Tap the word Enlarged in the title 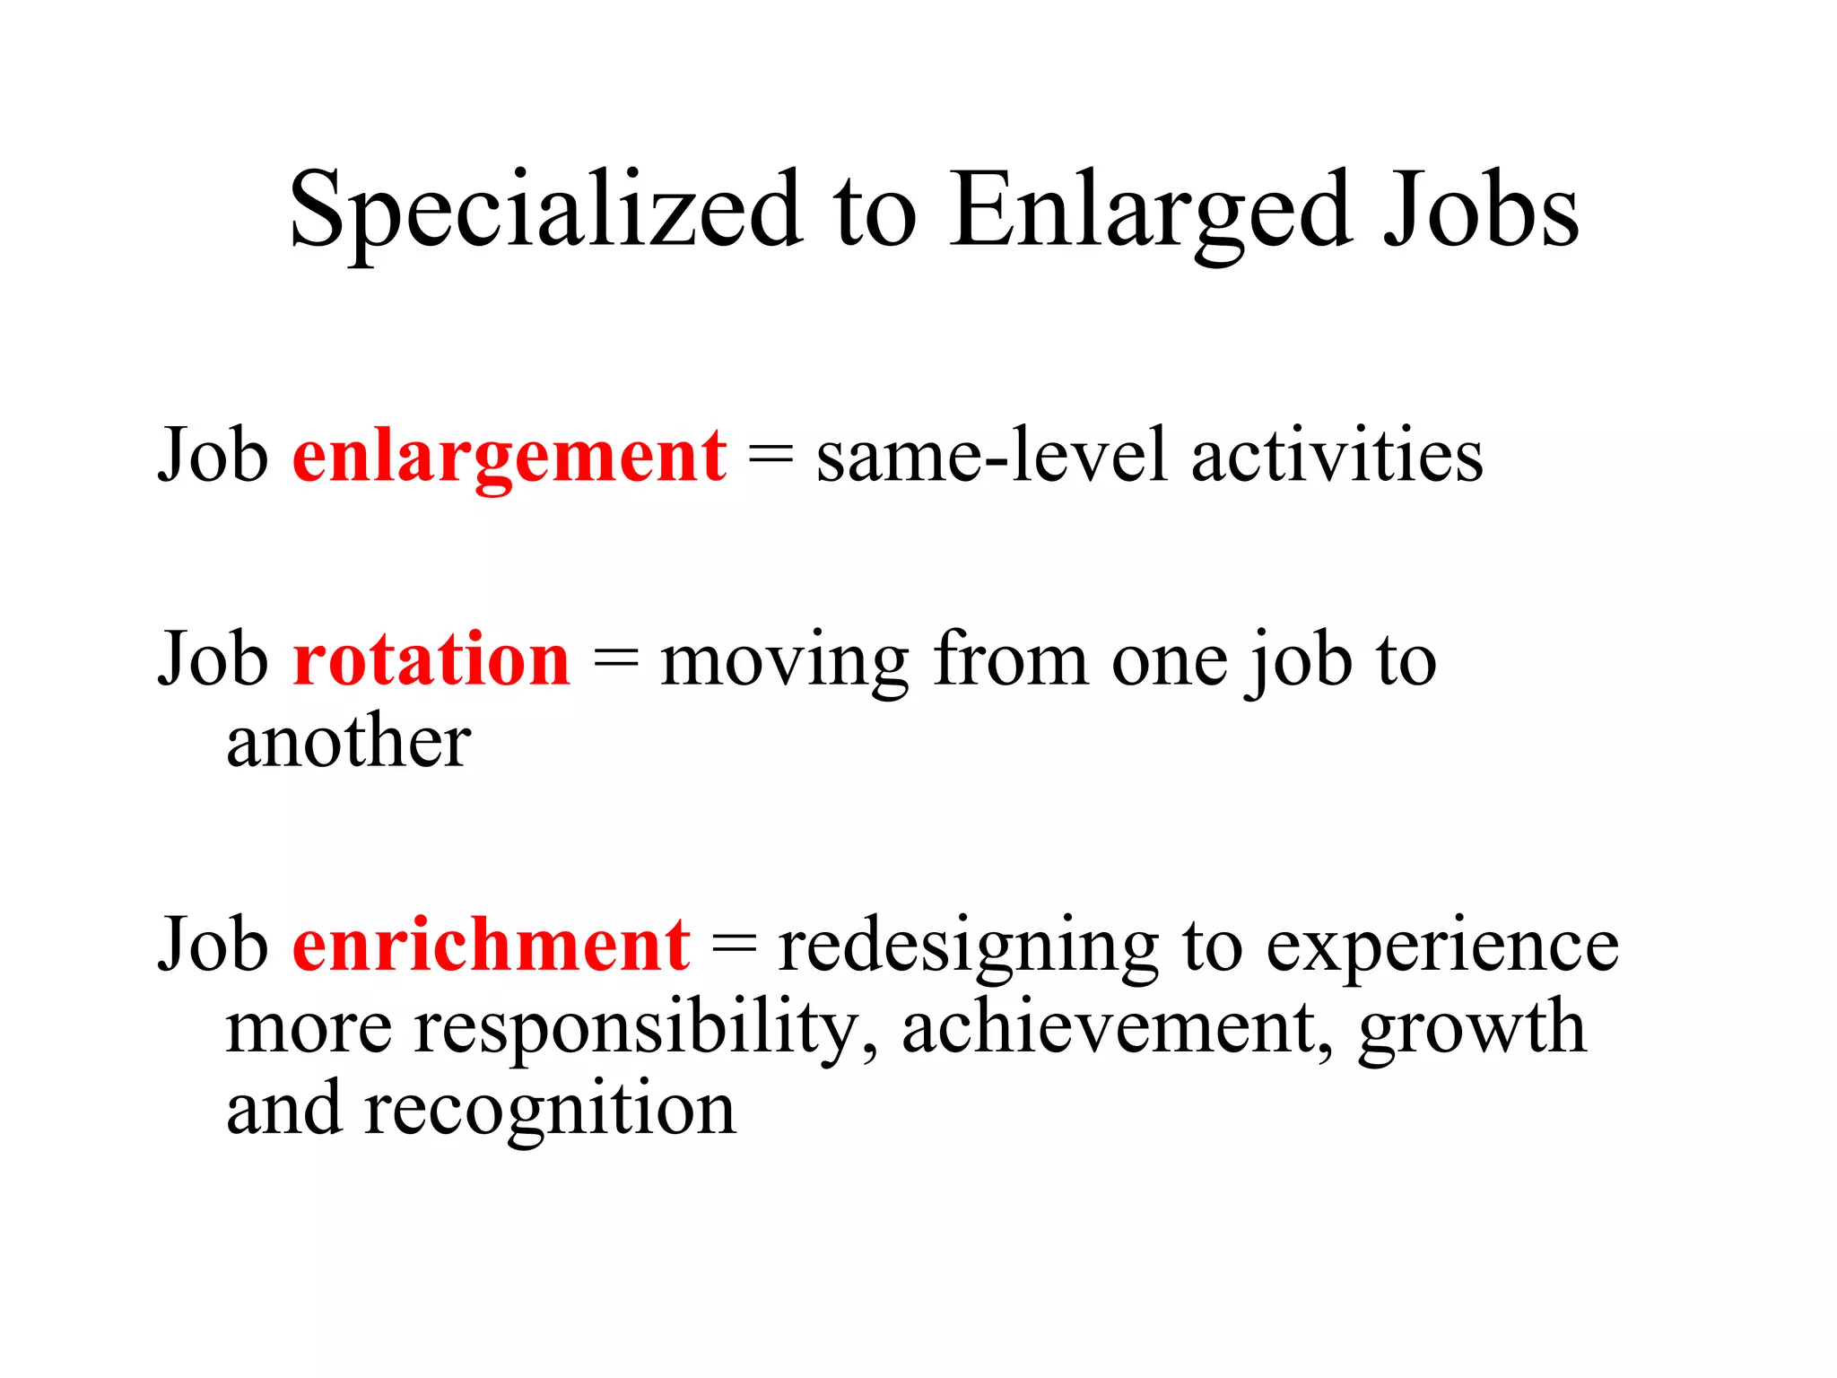[x=1151, y=211]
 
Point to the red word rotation [x=431, y=660]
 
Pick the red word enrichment [x=491, y=946]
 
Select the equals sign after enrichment [x=734, y=947]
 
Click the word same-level [x=992, y=456]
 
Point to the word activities [x=1336, y=456]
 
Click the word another [x=348, y=743]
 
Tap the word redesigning [x=969, y=947]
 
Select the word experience [x=1441, y=947]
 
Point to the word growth [x=1471, y=1028]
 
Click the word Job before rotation [x=213, y=660]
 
